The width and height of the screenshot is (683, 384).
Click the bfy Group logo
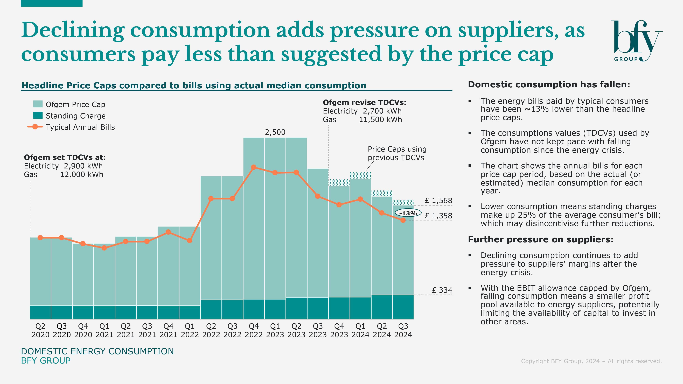click(636, 41)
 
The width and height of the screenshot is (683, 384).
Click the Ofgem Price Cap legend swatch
click(38, 104)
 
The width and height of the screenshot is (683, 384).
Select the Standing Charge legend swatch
click(38, 116)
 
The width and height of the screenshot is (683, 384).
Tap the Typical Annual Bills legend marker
click(35, 127)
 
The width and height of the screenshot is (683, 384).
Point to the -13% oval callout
click(408, 213)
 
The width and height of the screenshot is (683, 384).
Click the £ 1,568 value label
click(438, 201)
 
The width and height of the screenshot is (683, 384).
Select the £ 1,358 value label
click(438, 216)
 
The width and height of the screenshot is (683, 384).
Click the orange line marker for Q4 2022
click(253, 167)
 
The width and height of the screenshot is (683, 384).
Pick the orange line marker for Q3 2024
click(403, 220)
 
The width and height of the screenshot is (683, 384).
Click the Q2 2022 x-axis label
click(211, 330)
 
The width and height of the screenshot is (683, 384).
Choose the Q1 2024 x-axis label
click(360, 330)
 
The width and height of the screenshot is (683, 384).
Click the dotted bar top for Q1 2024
click(360, 175)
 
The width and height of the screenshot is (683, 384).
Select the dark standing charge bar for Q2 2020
click(40, 312)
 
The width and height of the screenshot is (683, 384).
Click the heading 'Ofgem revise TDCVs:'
click(364, 103)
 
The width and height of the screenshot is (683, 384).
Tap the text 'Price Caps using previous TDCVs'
click(397, 153)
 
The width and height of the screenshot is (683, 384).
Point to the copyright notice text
click(591, 361)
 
